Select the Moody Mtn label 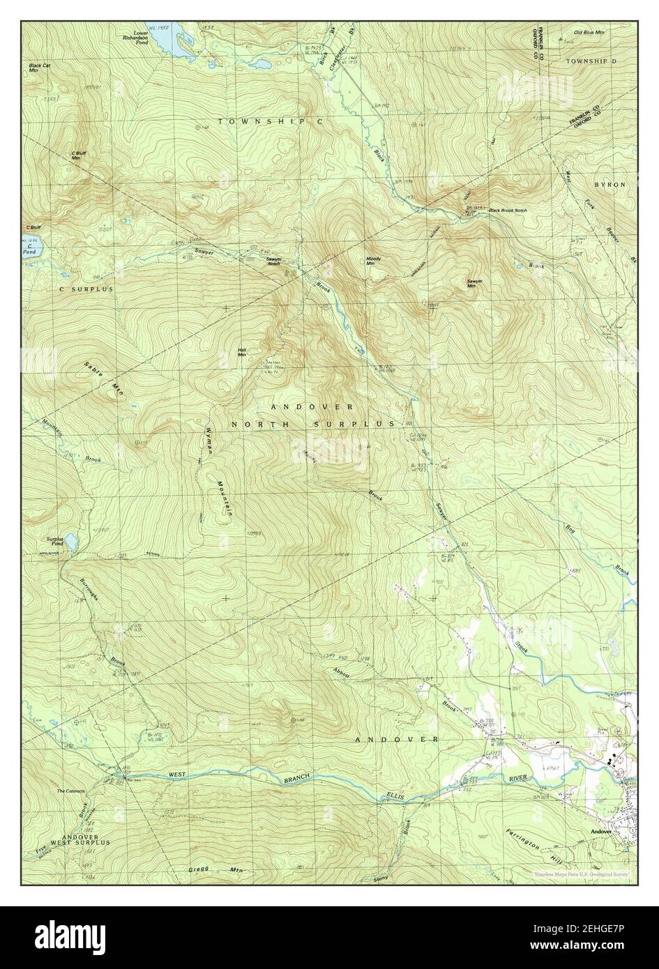373,261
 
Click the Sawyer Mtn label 475,283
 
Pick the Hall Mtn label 242,352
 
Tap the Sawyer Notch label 273,261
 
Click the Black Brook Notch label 508,210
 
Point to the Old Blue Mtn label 589,33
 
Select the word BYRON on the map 609,185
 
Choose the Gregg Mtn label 217,870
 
